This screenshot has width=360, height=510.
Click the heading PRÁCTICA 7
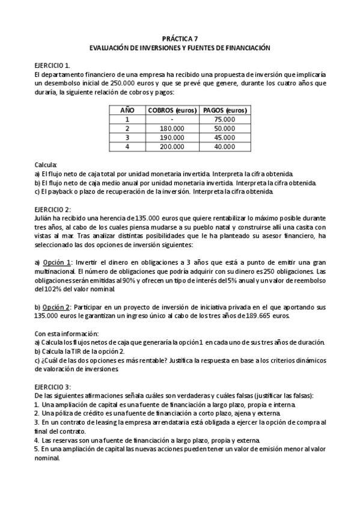[x=180, y=37]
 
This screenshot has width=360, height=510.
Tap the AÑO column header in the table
[x=127, y=111]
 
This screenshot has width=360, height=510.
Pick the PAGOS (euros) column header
[x=225, y=111]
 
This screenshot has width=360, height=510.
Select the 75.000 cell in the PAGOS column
[x=225, y=120]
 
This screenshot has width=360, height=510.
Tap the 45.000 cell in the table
[x=225, y=137]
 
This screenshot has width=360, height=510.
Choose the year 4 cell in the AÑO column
[x=127, y=146]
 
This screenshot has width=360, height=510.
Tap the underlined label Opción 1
[x=58, y=262]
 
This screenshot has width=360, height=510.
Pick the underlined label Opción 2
[x=58, y=307]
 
